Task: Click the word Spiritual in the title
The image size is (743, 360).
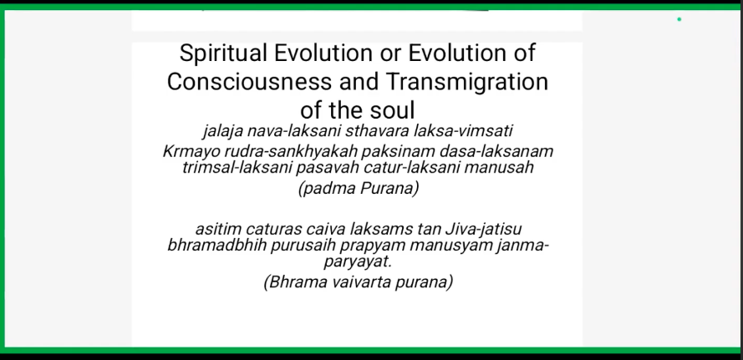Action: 223,53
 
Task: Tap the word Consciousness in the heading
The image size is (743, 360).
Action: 249,82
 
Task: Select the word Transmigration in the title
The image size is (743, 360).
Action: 467,82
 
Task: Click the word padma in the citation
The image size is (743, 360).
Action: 327,189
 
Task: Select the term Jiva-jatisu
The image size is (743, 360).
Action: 483,230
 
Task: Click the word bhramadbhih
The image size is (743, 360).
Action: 217,246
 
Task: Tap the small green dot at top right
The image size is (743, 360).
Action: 679,19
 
